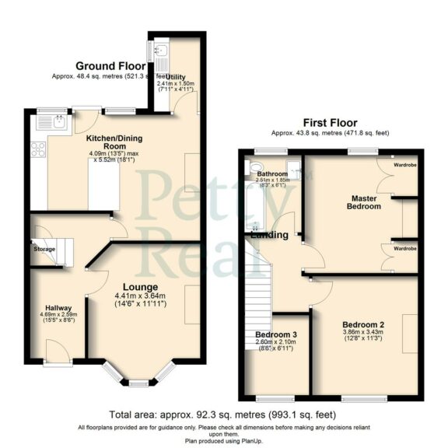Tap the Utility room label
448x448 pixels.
(x=176, y=78)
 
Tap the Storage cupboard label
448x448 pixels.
(x=44, y=249)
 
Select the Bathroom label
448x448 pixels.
(x=272, y=174)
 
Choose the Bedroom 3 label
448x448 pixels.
(x=276, y=334)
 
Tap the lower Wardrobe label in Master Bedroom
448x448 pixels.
(x=404, y=248)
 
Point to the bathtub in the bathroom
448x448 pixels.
(x=252, y=198)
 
